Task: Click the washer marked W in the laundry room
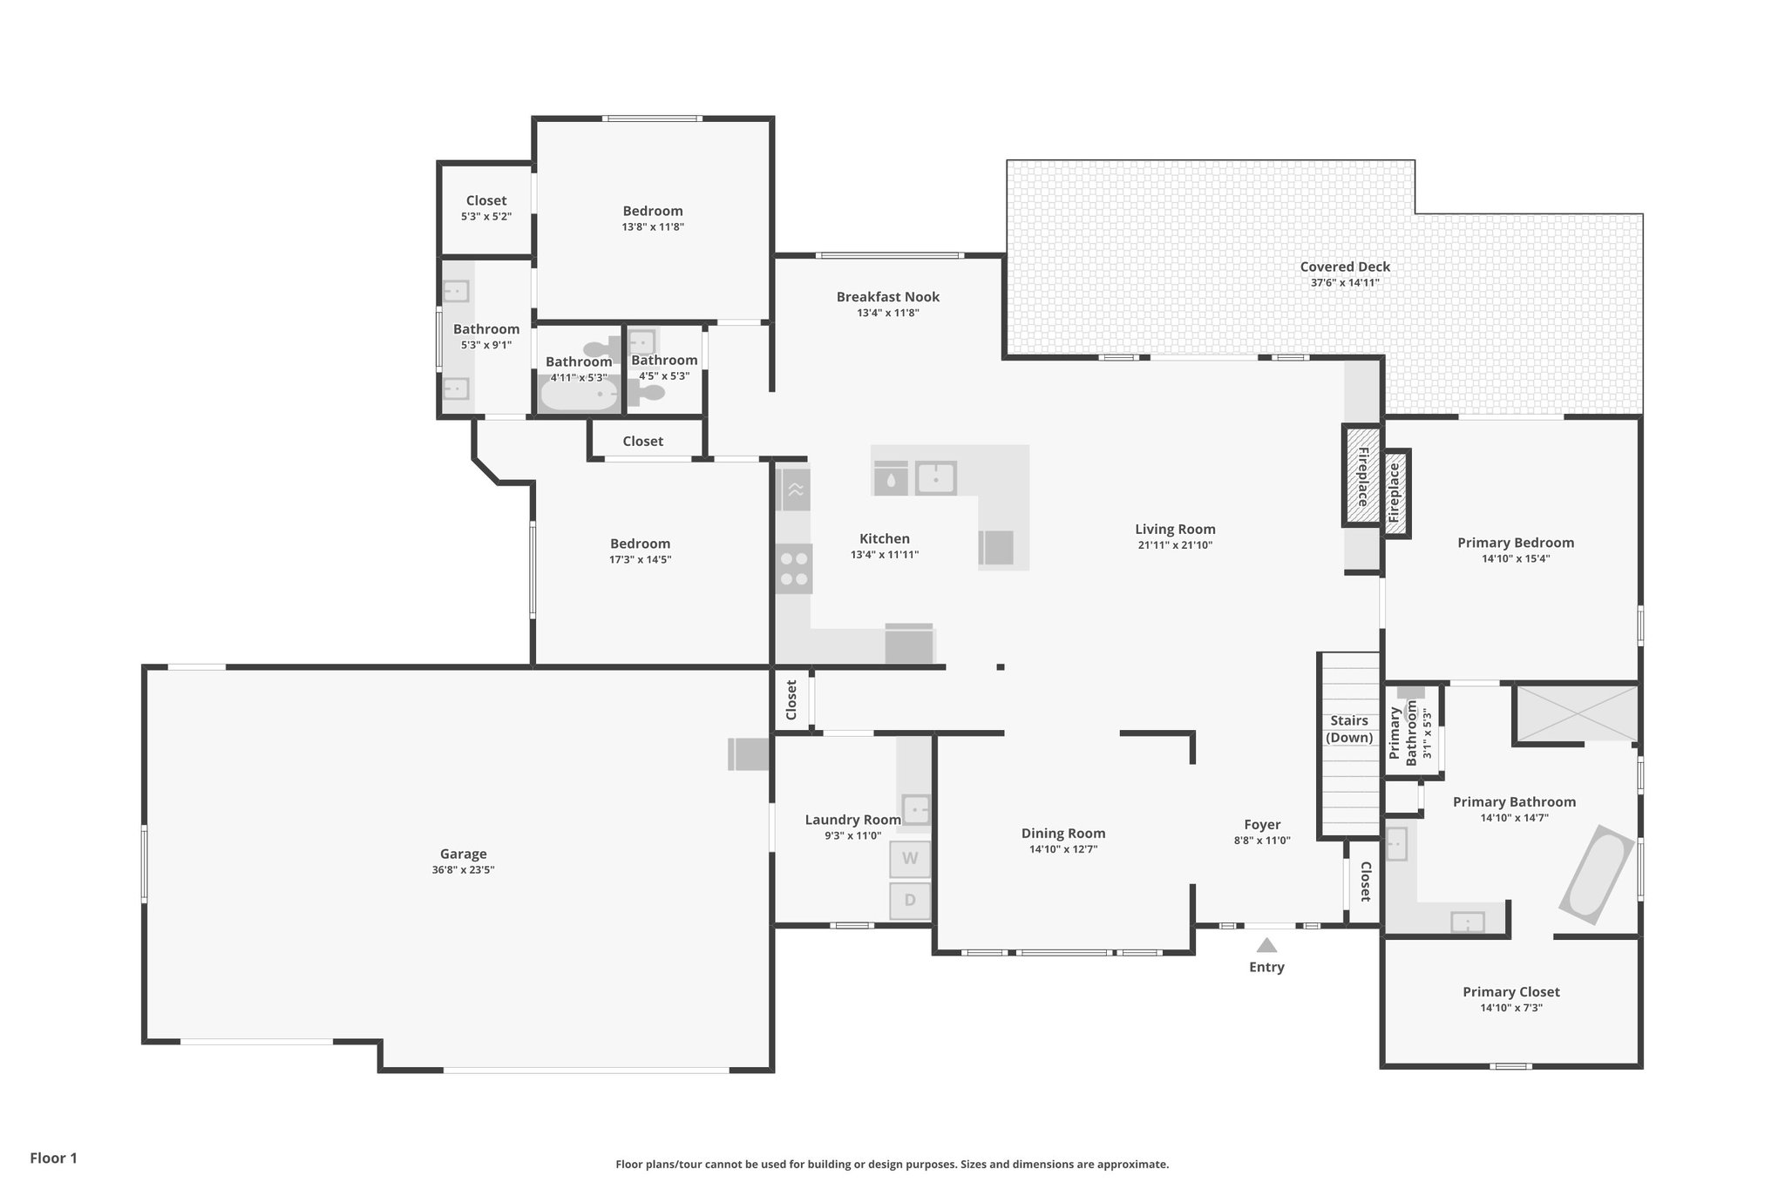coord(910,858)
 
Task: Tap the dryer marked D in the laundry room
coord(910,901)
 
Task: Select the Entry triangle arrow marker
coord(1266,945)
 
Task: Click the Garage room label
coord(463,854)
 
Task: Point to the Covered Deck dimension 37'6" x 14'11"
coord(1345,283)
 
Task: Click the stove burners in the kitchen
coord(794,569)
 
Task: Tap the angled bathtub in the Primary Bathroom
coord(1597,875)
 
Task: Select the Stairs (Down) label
coord(1348,729)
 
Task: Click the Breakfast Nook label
coord(887,297)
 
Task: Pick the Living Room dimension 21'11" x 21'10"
coord(1175,545)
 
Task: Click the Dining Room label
coord(1062,834)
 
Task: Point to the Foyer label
coord(1261,824)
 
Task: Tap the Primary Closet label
coord(1510,991)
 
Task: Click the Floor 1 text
coord(53,1158)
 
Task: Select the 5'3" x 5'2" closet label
coord(485,216)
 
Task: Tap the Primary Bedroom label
coord(1515,543)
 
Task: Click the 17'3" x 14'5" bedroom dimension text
coord(640,559)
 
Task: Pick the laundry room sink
coord(915,809)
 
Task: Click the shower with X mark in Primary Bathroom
coord(1577,713)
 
